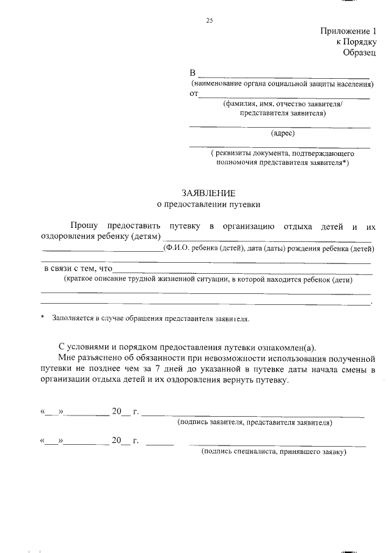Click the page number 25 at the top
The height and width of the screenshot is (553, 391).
point(209,21)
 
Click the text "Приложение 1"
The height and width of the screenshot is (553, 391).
point(348,32)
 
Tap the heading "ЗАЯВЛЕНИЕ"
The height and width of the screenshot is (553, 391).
point(208,192)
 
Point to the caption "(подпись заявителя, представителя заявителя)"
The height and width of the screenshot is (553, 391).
point(254,422)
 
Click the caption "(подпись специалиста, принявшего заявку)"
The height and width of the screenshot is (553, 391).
point(274,452)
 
